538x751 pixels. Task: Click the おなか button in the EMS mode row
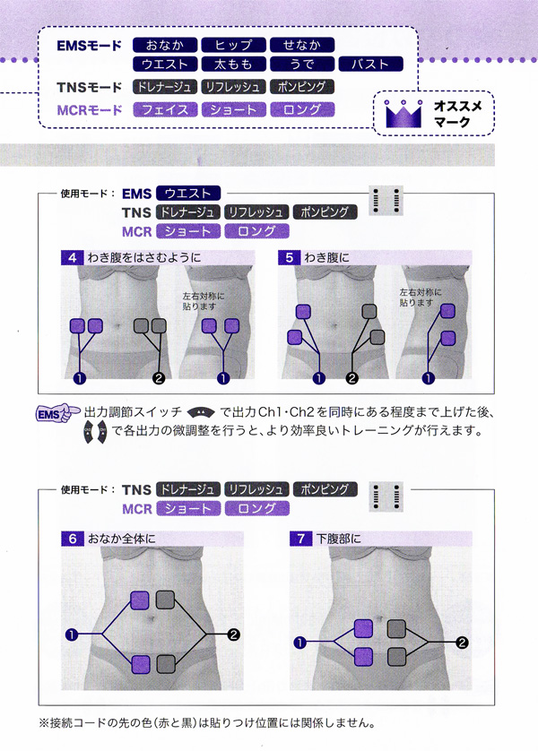click(x=163, y=45)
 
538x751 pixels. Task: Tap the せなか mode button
click(x=301, y=45)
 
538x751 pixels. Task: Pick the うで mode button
click(x=301, y=65)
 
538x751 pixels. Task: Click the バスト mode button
click(x=370, y=65)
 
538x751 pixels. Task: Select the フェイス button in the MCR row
click(x=163, y=110)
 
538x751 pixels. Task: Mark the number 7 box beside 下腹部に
click(x=301, y=539)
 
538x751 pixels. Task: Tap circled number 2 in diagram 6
click(x=233, y=634)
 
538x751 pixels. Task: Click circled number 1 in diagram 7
click(x=299, y=642)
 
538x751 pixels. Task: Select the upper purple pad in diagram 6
click(x=141, y=600)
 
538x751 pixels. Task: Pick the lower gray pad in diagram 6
click(x=166, y=664)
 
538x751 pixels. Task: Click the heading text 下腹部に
click(x=339, y=540)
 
